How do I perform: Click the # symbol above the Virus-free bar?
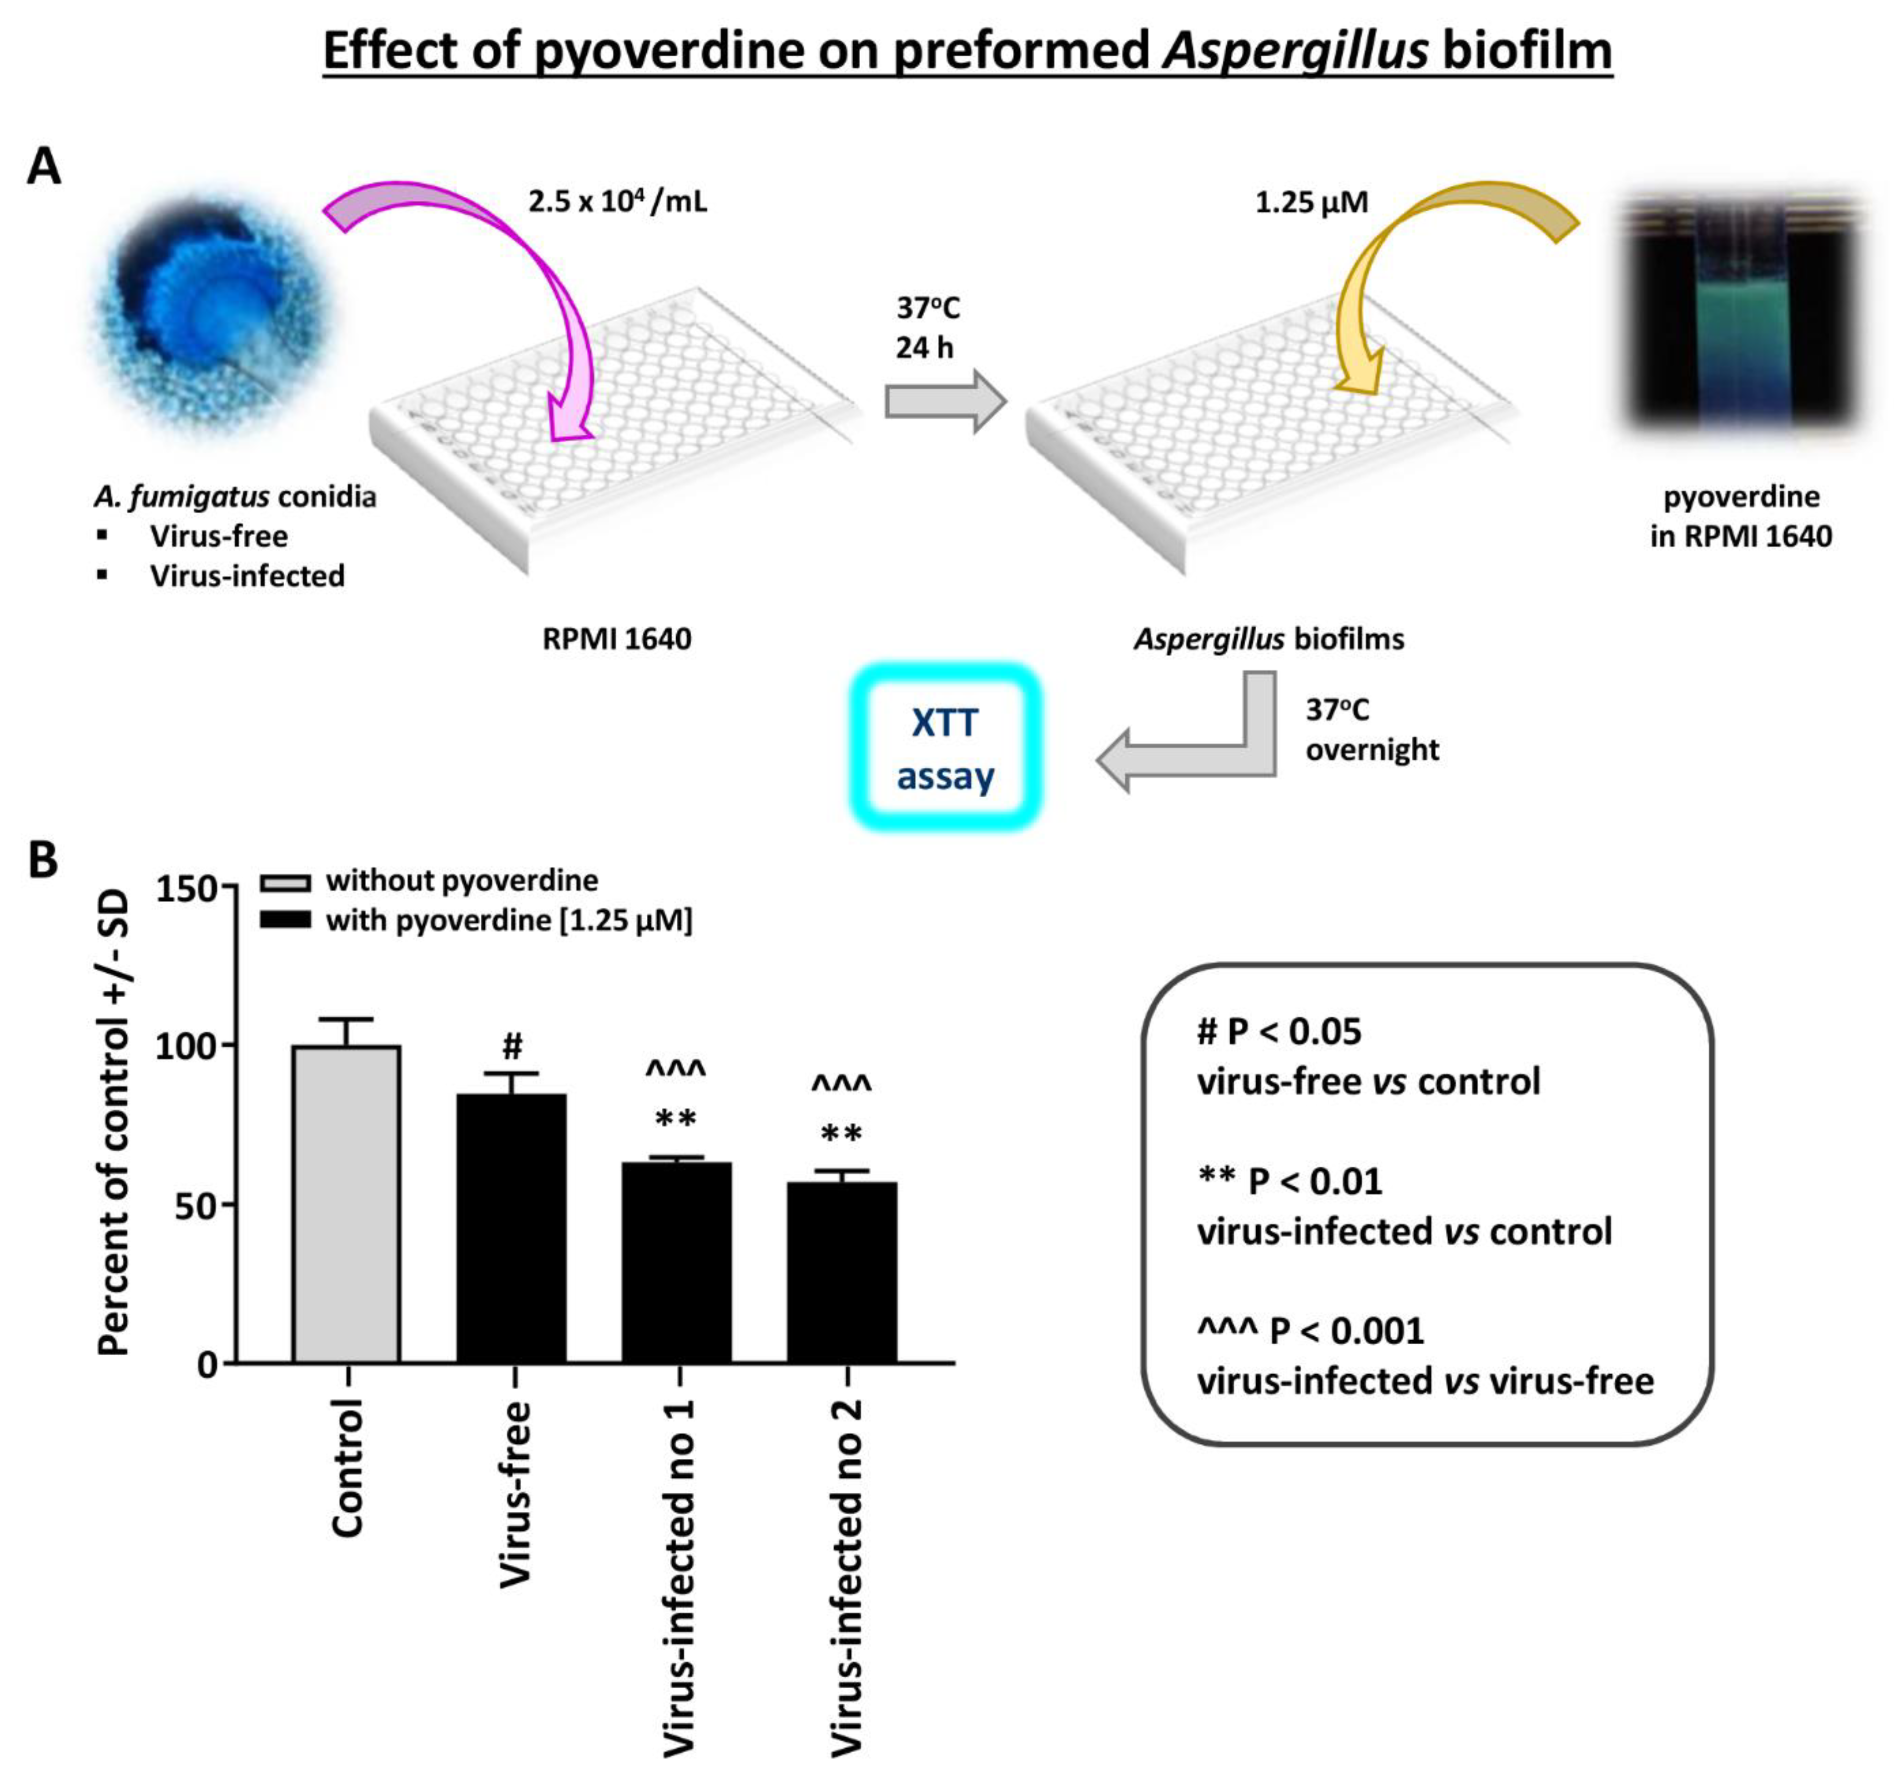click(x=513, y=1046)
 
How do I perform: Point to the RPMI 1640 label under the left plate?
click(x=617, y=639)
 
